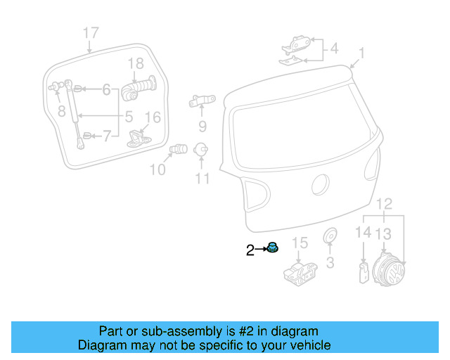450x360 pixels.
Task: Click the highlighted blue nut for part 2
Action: (271, 247)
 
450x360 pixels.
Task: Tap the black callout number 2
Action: (250, 250)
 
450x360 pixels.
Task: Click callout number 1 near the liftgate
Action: (362, 53)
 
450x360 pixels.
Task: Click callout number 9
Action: (202, 127)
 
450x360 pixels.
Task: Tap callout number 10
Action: (157, 169)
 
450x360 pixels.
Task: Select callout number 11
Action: (202, 179)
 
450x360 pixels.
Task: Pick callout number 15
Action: (300, 243)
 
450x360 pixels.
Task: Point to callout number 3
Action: (330, 264)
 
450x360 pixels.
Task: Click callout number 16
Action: (153, 117)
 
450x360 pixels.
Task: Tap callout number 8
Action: (61, 110)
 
